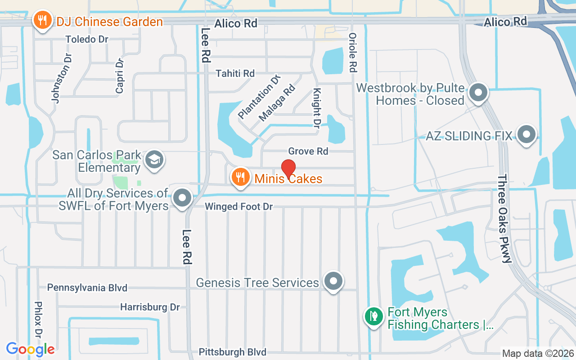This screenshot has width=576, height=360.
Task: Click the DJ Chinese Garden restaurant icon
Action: click(x=42, y=21)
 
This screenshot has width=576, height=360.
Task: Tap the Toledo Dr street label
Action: click(x=87, y=39)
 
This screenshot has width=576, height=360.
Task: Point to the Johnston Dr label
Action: click(x=62, y=78)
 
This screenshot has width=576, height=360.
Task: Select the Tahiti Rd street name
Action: click(x=235, y=73)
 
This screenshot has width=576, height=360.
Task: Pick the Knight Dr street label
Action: click(x=317, y=107)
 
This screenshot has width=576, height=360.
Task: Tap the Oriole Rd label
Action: click(x=353, y=53)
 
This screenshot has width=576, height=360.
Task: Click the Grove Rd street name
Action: click(x=308, y=151)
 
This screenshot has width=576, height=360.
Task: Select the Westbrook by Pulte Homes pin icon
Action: click(x=478, y=94)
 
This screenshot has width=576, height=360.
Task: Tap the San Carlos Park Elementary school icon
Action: click(x=154, y=160)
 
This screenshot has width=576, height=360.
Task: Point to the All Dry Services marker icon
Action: click(x=182, y=198)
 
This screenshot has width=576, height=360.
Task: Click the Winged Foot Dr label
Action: click(x=239, y=207)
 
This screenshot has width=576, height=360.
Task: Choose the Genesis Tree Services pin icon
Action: click(x=333, y=281)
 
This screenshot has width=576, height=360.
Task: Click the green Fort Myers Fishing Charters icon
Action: click(x=373, y=316)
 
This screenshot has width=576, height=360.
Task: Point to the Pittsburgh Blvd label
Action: click(x=233, y=352)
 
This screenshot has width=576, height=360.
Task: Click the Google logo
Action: click(x=30, y=349)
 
